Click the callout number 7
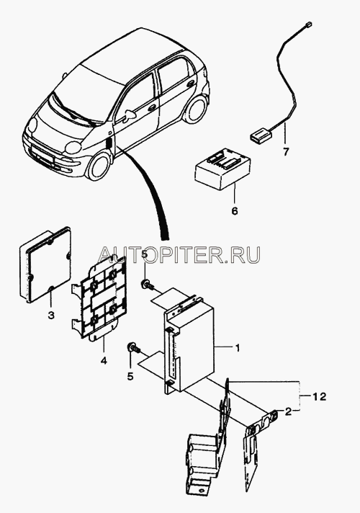tap(286, 152)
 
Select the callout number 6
tap(235, 211)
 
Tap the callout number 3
tap(50, 316)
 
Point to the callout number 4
tap(104, 361)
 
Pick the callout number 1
tap(238, 348)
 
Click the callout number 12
tap(318, 397)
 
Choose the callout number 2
tap(288, 412)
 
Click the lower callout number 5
tap(130, 377)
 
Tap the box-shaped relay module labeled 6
tap(223, 170)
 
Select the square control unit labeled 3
tap(45, 263)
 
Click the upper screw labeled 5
tap(146, 285)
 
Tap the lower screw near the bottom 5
tap(133, 349)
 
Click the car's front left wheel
tap(98, 167)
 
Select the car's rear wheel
tap(195, 110)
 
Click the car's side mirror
tap(130, 115)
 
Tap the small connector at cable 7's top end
tap(307, 24)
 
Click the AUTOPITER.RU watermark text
tap(179, 255)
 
